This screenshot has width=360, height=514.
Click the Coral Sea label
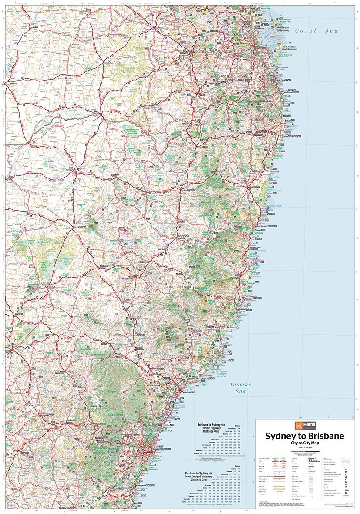pos(316,31)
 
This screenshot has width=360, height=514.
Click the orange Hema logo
pos(299,426)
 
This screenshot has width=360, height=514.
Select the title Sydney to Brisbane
pos(305,436)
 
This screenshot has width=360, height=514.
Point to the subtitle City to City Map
pos(305,443)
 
